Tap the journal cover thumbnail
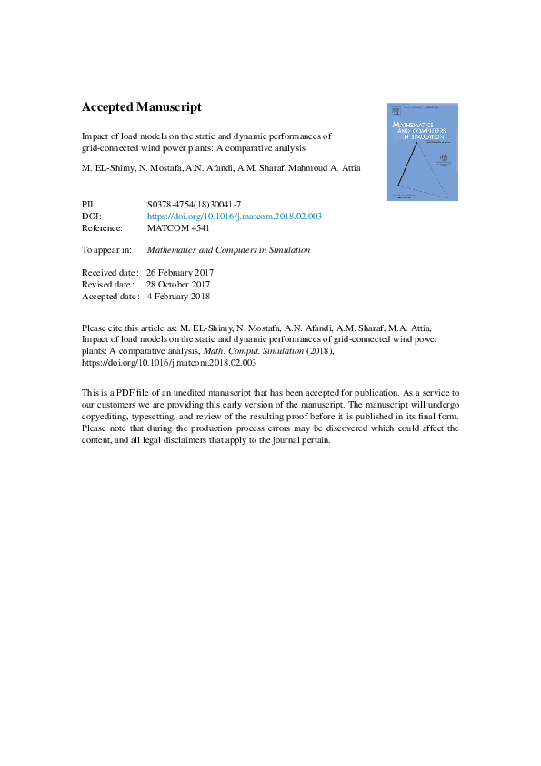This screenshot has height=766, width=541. pyautogui.click(x=416, y=150)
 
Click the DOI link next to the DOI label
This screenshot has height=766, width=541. pyautogui.click(x=234, y=217)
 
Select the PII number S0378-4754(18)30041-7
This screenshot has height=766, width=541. pyautogui.click(x=194, y=205)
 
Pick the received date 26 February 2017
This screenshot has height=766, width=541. pyautogui.click(x=180, y=272)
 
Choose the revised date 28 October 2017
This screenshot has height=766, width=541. pyautogui.click(x=178, y=284)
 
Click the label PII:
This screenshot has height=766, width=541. pyautogui.click(x=89, y=205)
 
